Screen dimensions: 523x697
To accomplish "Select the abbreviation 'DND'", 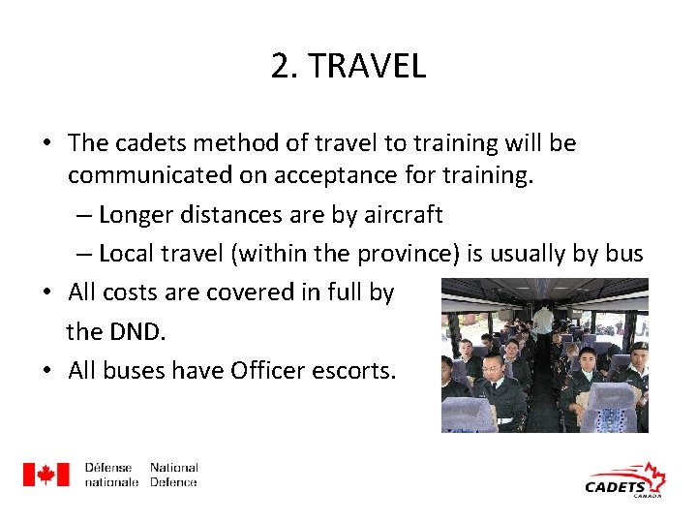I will coord(135,331).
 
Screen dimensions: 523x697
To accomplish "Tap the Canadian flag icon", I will coord(45,475).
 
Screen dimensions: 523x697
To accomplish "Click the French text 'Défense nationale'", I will coord(110,475).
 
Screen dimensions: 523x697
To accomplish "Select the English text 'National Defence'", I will coord(173,475).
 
